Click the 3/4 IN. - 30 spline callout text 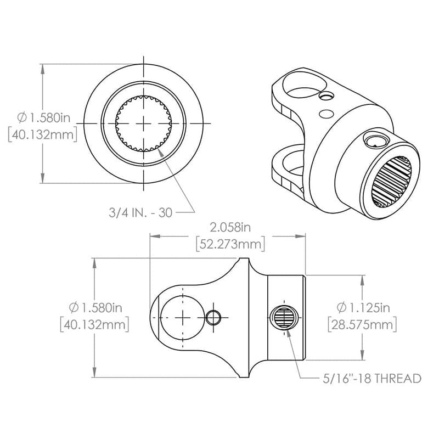(139, 212)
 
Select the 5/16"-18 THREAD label (372, 378)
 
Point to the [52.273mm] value (230, 243)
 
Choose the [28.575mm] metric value (362, 324)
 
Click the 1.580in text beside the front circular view (43, 117)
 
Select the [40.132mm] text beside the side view (94, 324)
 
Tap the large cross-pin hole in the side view (182, 317)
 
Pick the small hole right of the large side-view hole (214, 317)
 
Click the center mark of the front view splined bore (144, 123)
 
